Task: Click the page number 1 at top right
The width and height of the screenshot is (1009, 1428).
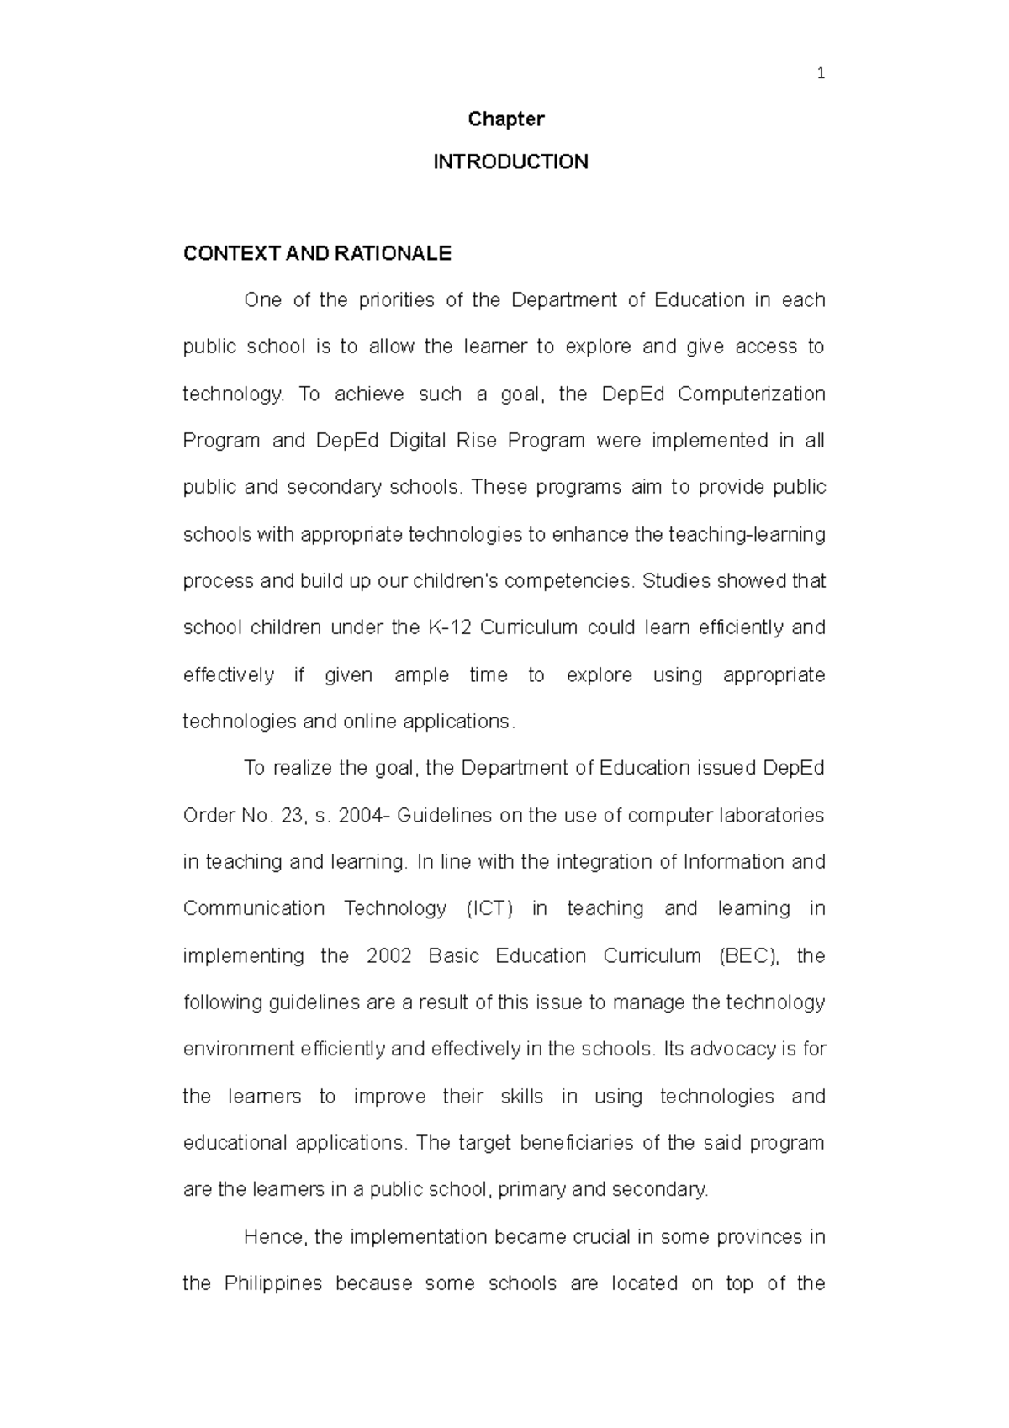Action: point(821,74)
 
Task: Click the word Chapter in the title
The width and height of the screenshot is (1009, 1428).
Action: point(505,119)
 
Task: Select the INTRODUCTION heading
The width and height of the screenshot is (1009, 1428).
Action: point(510,162)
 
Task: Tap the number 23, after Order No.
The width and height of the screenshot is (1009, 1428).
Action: point(293,815)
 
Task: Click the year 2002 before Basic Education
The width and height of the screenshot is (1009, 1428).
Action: point(388,956)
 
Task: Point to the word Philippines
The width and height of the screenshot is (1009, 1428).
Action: point(273,1283)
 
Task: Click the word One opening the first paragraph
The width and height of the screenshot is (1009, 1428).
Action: point(262,300)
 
